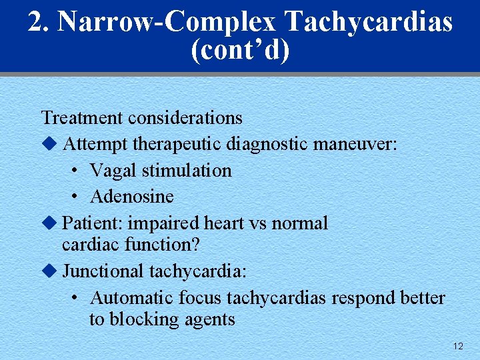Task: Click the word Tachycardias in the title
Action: pos(369,23)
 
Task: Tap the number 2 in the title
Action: pos(35,22)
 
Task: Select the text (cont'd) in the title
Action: pos(240,51)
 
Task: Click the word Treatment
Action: pos(82,118)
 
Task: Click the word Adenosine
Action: pos(131,197)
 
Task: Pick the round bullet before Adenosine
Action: pos(76,197)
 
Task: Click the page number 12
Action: pos(458,346)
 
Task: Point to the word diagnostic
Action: pos(265,144)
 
